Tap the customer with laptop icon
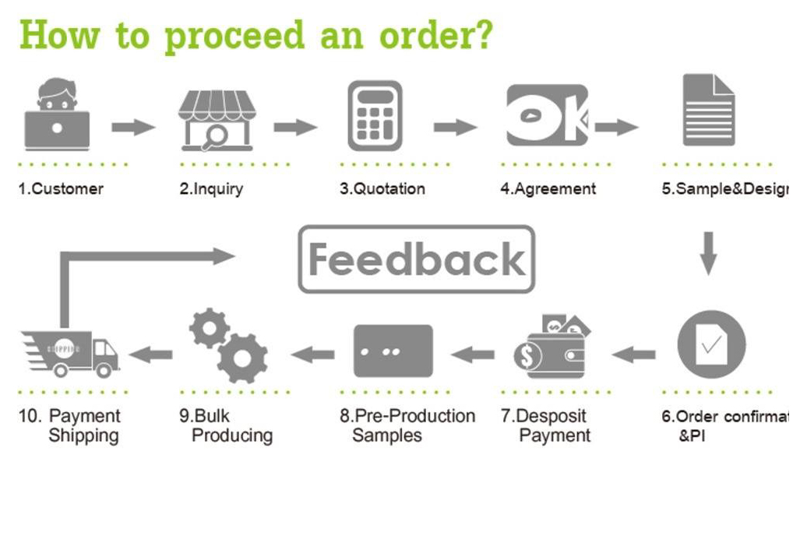point(57,115)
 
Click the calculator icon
point(375,116)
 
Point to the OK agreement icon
point(547,115)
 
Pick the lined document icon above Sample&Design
point(708,110)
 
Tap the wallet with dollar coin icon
point(552,348)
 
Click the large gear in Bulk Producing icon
point(242,358)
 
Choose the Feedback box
point(417,259)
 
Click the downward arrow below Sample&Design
point(707,252)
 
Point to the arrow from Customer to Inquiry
point(132,127)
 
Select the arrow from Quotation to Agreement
point(455,127)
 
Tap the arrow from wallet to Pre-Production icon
point(472,355)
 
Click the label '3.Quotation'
point(382,188)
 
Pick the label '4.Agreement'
point(548,188)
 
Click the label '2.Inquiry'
point(211,188)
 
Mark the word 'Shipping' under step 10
point(83,435)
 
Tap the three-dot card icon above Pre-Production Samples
point(393,351)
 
